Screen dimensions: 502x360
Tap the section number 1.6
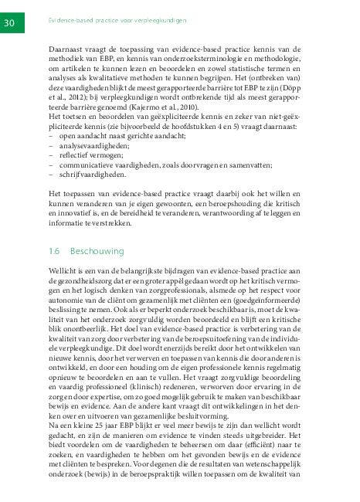pyautogui.click(x=53, y=251)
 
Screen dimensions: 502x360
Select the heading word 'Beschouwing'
pyautogui.click(x=97, y=251)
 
